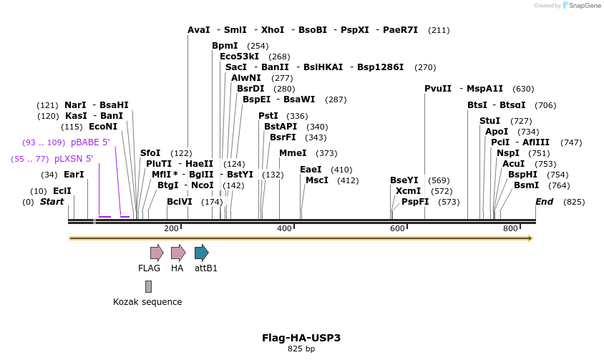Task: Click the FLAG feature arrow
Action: click(x=157, y=252)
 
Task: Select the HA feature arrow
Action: click(x=177, y=252)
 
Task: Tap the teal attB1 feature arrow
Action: click(x=201, y=252)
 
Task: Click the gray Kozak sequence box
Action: click(x=148, y=286)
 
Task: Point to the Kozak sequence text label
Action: click(x=147, y=302)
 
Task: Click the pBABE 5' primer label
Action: click(x=90, y=142)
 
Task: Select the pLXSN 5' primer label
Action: click(x=74, y=159)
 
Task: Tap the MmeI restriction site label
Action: click(x=293, y=153)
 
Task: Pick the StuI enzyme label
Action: click(x=489, y=121)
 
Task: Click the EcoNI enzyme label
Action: click(x=102, y=127)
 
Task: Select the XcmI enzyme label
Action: click(x=408, y=191)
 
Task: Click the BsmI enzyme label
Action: click(x=526, y=185)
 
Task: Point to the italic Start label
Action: click(x=52, y=202)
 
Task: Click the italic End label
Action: click(x=544, y=202)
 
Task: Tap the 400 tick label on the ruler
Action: click(x=284, y=228)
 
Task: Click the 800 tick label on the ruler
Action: click(x=510, y=228)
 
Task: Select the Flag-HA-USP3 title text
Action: click(x=301, y=337)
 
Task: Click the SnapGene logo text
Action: click(x=584, y=6)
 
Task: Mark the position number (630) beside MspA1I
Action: click(x=524, y=89)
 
